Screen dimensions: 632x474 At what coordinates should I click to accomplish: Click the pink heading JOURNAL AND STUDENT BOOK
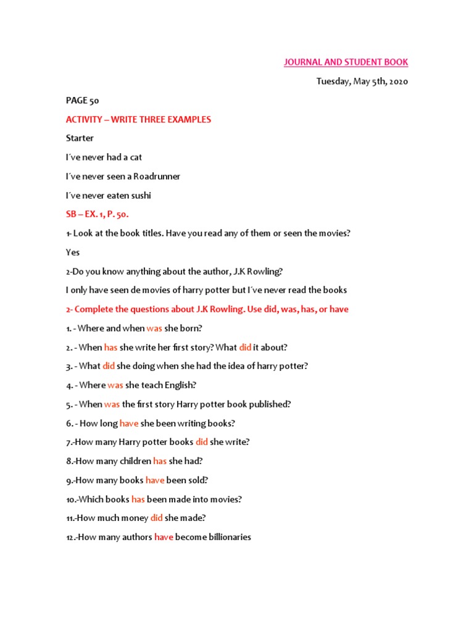(346, 62)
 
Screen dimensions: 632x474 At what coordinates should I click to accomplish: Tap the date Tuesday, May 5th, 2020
(362, 81)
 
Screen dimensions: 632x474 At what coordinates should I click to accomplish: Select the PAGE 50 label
(83, 101)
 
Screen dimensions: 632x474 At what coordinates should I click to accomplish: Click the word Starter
(80, 138)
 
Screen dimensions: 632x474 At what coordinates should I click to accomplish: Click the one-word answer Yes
(73, 252)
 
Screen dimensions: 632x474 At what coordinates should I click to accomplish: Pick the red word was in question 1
(154, 328)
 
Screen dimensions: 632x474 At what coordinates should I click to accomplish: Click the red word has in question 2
(110, 347)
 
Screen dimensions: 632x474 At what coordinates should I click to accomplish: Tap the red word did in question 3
(109, 366)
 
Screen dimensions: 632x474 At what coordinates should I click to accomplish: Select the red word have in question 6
(129, 423)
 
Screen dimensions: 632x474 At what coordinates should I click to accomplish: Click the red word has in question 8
(160, 461)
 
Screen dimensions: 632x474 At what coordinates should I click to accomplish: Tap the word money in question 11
(133, 518)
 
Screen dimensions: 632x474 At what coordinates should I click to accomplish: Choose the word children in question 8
(136, 461)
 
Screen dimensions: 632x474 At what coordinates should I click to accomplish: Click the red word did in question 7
(202, 442)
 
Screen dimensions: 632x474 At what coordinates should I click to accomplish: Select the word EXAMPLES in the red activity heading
(188, 120)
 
